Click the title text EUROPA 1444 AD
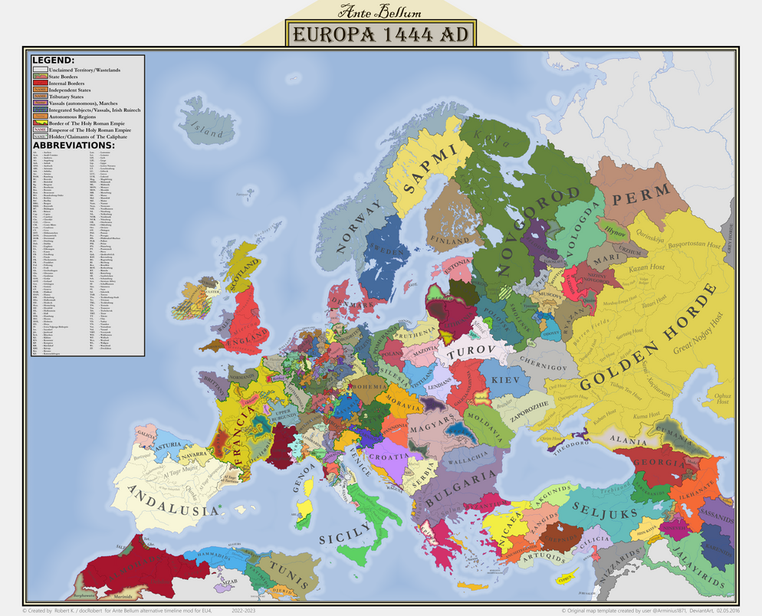[380, 34]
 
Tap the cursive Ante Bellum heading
[381, 11]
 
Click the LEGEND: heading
[53, 60]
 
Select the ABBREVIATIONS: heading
[74, 145]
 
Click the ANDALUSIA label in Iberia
[172, 501]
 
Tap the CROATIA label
[388, 457]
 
